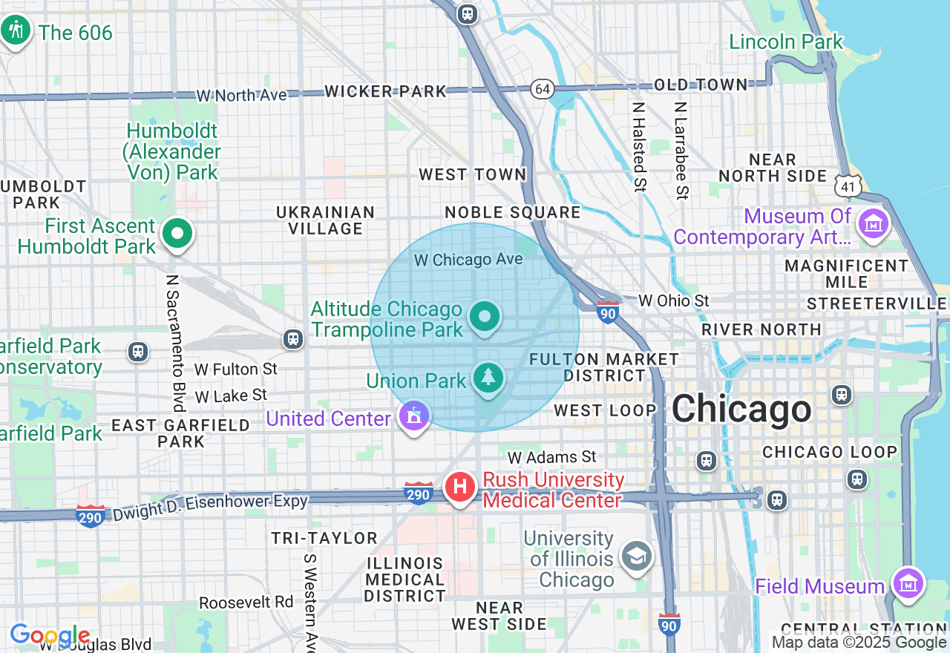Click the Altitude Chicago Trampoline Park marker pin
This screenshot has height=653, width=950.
[x=485, y=318]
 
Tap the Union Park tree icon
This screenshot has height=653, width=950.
[x=488, y=378]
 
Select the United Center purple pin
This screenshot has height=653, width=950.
[x=413, y=416]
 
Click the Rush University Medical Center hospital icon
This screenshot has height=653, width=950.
[x=459, y=488]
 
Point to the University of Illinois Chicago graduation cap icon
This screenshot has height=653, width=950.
[x=636, y=557]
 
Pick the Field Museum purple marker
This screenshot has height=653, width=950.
[x=908, y=583]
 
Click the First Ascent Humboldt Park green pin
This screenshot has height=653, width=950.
[x=177, y=234]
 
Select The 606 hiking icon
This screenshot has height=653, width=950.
[x=15, y=30]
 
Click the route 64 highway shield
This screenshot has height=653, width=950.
[x=543, y=89]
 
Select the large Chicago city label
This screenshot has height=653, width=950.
[x=741, y=409]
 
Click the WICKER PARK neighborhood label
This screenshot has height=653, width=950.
[x=386, y=91]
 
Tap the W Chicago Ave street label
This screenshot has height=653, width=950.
[x=468, y=260]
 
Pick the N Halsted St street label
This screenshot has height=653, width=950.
[x=638, y=147]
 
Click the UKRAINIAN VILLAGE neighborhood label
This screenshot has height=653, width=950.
[x=326, y=220]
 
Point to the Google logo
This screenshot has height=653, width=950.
[x=50, y=636]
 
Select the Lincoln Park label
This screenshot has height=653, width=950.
[x=786, y=42]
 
